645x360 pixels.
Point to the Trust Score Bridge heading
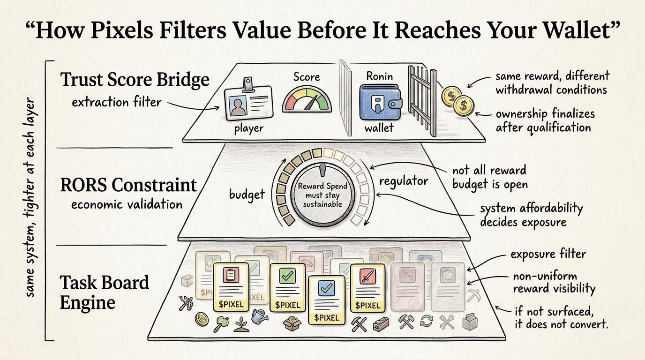click(135, 80)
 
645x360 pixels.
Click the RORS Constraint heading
click(128, 185)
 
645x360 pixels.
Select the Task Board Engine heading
click(105, 292)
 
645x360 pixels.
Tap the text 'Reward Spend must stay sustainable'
click(321, 195)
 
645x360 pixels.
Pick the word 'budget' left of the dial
click(247, 194)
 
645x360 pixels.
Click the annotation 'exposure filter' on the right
click(548, 255)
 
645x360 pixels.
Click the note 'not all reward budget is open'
click(490, 177)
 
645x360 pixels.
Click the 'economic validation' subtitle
click(127, 204)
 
